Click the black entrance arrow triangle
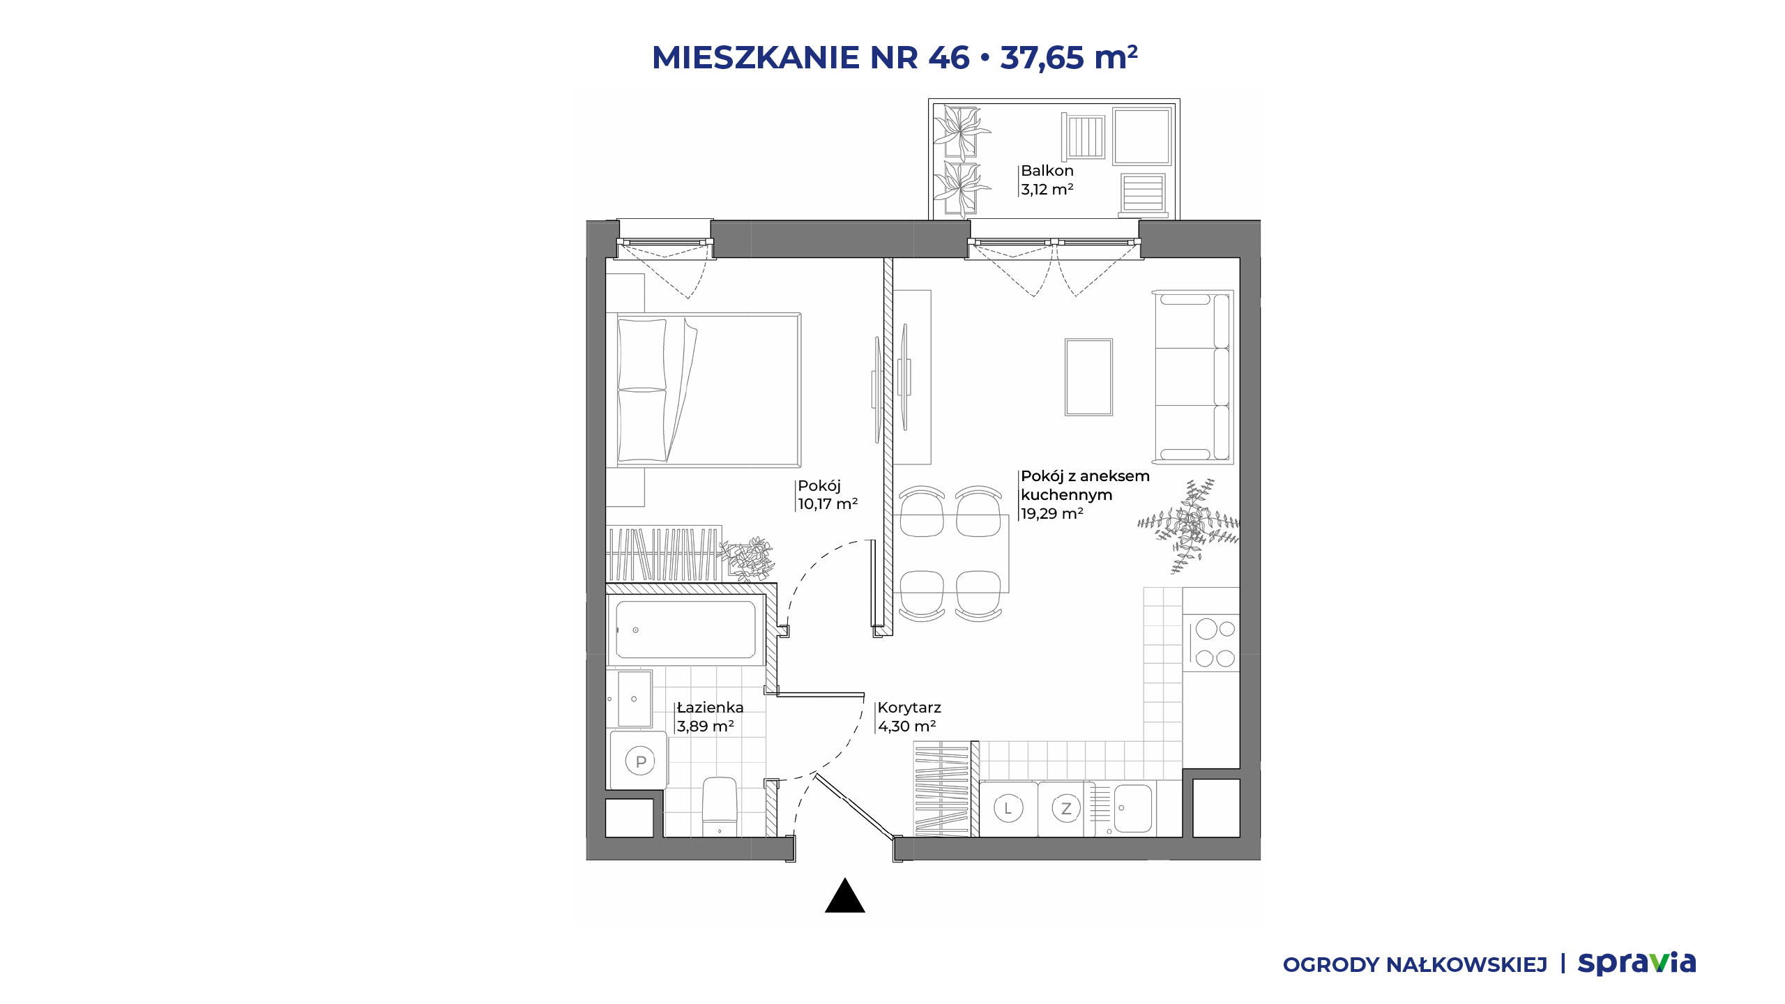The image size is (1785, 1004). point(844,896)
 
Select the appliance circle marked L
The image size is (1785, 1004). point(1008,809)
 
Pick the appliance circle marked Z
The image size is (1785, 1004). point(1065,809)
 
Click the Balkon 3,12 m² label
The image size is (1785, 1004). point(1047,180)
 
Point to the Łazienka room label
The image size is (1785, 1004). point(710,708)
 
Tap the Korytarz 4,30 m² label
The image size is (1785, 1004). point(909,717)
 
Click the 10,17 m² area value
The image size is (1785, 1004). point(828,504)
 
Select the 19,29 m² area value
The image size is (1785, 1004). point(1052,514)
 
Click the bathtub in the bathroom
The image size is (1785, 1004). point(685,630)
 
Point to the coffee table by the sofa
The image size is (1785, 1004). point(1088,377)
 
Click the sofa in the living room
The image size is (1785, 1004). point(1193,377)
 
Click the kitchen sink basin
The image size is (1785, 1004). point(1132,809)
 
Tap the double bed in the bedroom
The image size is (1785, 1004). point(708,390)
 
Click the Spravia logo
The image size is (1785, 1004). point(1636,964)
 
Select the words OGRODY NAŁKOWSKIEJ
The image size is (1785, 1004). point(1415,965)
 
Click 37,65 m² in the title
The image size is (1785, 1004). point(1069,57)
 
